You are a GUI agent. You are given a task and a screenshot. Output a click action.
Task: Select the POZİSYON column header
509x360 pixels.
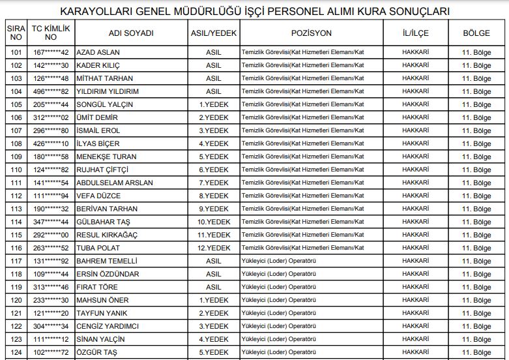(x=312, y=33)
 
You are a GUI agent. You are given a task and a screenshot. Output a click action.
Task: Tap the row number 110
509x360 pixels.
(x=16, y=170)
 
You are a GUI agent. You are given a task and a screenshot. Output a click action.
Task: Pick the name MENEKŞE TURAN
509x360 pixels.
(x=107, y=157)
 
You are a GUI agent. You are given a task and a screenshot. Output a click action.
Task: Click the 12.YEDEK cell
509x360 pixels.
(x=214, y=248)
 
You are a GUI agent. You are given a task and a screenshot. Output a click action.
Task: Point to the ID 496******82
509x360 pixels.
(x=51, y=91)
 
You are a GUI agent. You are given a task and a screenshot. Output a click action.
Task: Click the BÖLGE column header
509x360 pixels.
(x=476, y=33)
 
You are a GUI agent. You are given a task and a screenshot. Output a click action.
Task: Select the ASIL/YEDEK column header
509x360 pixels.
(x=214, y=33)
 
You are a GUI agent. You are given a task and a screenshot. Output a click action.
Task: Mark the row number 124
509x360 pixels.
(x=16, y=352)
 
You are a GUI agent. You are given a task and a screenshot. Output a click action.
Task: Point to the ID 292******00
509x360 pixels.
(x=51, y=235)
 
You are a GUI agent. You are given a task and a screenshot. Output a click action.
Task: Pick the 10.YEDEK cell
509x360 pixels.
(x=214, y=222)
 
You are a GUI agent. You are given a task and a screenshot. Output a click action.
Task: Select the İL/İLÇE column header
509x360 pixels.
(x=415, y=33)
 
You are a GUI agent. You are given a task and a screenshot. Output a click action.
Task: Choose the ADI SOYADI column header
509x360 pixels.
(x=132, y=33)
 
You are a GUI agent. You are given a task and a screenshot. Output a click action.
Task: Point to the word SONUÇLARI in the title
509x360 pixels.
(x=414, y=12)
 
